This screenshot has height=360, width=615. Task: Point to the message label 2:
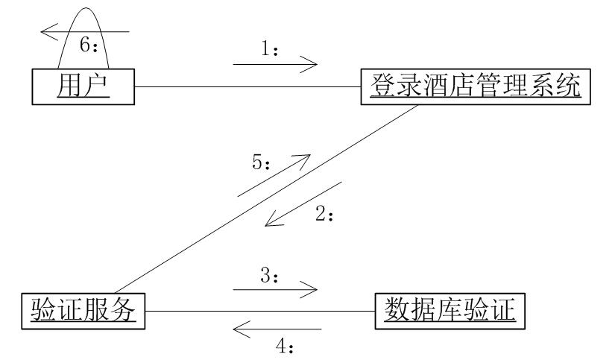(x=327, y=214)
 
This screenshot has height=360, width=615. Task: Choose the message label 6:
(x=89, y=45)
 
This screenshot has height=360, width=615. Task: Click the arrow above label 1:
(x=276, y=65)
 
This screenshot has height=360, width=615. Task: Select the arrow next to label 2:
(x=303, y=202)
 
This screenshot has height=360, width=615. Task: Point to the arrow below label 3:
(x=276, y=288)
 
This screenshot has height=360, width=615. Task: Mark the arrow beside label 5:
(x=273, y=176)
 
